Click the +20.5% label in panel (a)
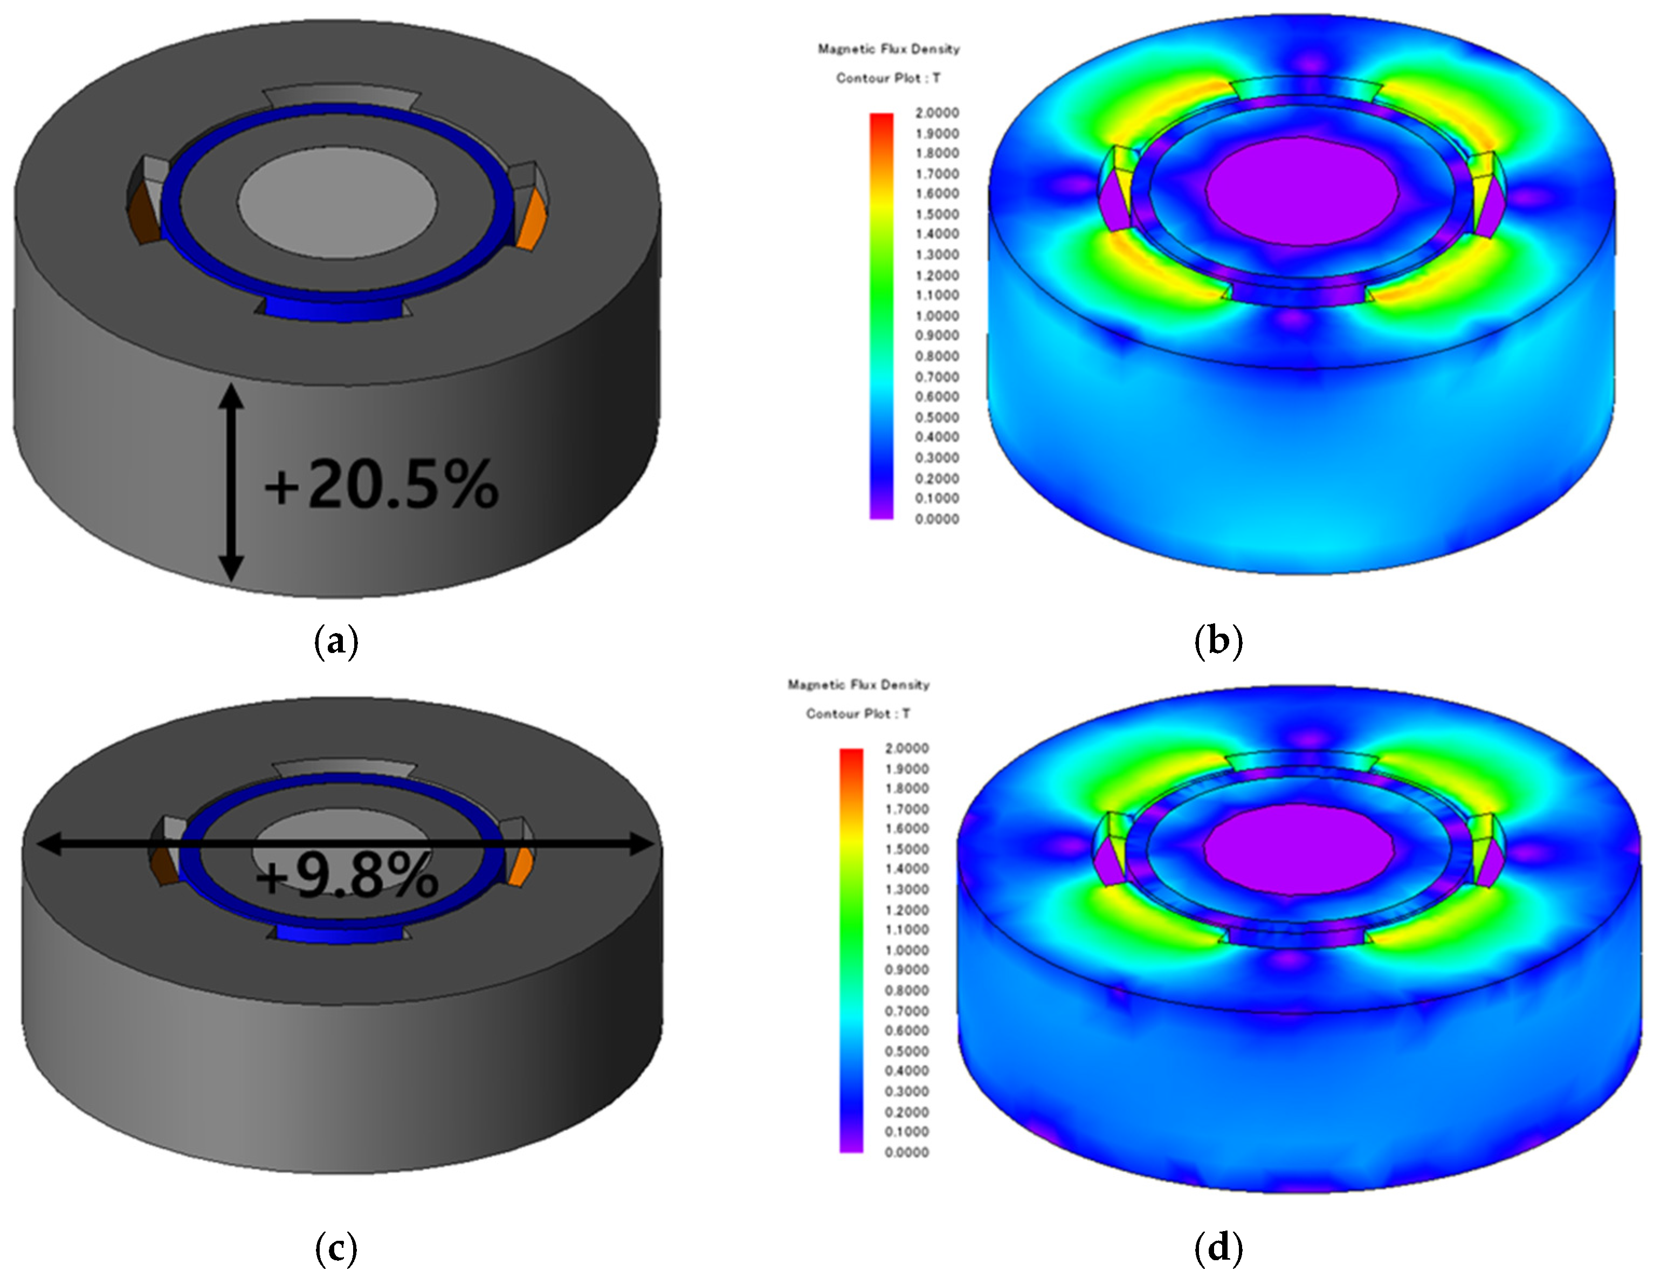click(x=381, y=485)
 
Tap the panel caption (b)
click(x=1218, y=641)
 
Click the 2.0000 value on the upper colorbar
click(x=938, y=113)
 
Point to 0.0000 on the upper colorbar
click(x=938, y=519)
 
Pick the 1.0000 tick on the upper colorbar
click(x=938, y=316)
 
